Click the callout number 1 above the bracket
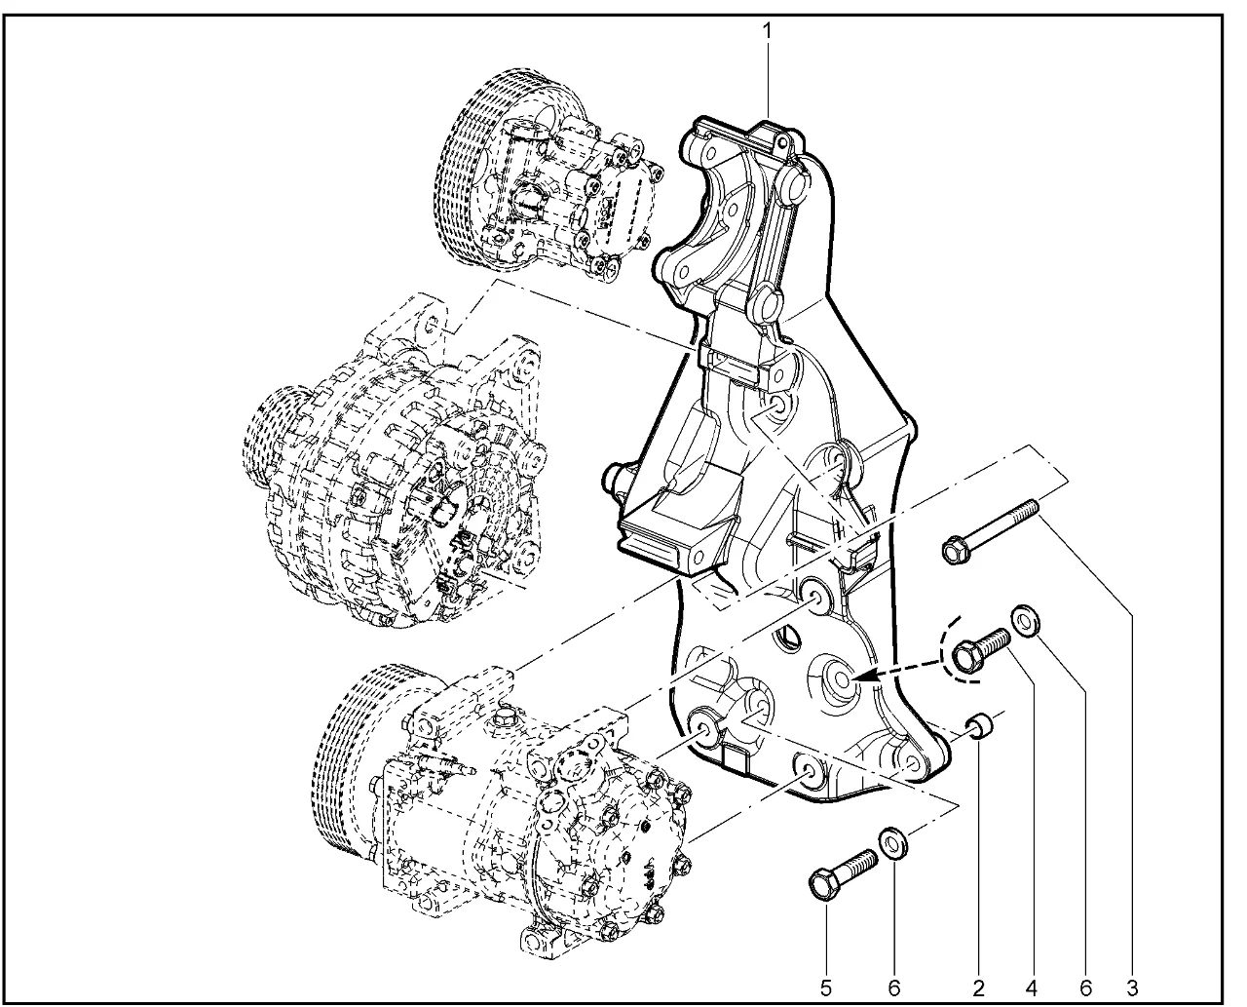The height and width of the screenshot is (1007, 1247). tap(767, 31)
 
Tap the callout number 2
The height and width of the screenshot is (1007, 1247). tap(978, 988)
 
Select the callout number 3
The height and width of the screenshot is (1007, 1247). tap(1132, 988)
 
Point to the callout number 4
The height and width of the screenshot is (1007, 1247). tap(1032, 988)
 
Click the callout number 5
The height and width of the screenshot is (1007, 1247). tap(825, 988)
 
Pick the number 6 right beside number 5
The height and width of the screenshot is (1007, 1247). tap(894, 988)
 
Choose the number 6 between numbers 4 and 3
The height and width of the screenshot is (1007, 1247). tap(1086, 988)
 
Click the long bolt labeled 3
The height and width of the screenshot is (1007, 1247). tap(991, 530)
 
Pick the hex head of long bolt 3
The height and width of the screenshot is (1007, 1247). tap(956, 550)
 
